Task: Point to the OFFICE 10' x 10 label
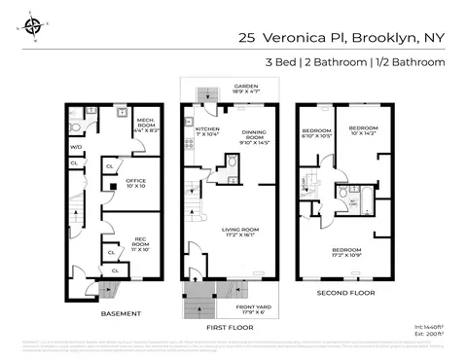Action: click(x=135, y=182)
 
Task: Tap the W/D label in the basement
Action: click(x=76, y=147)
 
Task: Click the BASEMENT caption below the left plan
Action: click(x=122, y=314)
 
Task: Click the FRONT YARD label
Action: click(x=252, y=308)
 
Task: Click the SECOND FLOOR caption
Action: click(x=342, y=291)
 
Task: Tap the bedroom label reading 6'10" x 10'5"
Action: click(x=317, y=133)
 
